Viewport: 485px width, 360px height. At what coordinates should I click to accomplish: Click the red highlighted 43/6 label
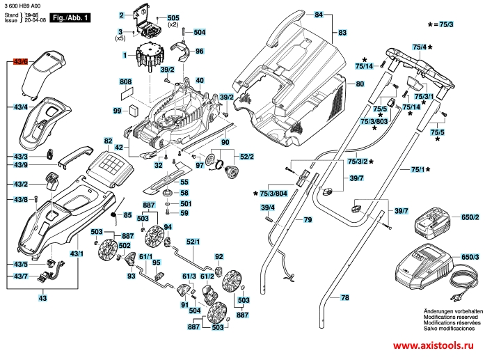pyautogui.click(x=20, y=62)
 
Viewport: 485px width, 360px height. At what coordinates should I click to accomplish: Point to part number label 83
pyautogui.click(x=342, y=33)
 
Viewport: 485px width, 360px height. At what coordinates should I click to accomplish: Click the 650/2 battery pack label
pyautogui.click(x=471, y=218)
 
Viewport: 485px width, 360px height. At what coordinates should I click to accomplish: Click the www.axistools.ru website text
pyautogui.click(x=438, y=346)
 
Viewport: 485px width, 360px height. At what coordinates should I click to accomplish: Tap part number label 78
pyautogui.click(x=344, y=297)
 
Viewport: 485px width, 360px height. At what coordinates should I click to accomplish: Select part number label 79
pyautogui.click(x=308, y=219)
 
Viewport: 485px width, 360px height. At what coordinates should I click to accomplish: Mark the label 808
pyautogui.click(x=125, y=82)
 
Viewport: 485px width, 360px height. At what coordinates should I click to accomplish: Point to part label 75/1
pyautogui.click(x=418, y=169)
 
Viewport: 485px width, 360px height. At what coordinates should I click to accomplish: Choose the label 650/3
pyautogui.click(x=471, y=258)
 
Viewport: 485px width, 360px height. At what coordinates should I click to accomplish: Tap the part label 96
pyautogui.click(x=199, y=51)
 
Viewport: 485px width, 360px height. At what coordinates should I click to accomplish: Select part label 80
pyautogui.click(x=360, y=84)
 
